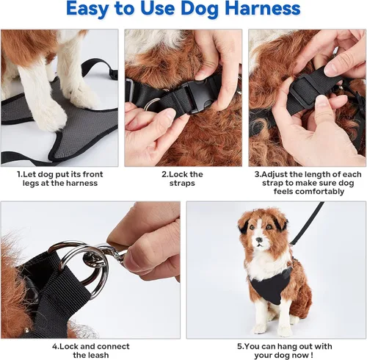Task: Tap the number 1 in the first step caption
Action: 18,174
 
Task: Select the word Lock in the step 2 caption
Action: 178,174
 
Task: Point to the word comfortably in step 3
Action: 309,191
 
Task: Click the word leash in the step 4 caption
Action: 98,355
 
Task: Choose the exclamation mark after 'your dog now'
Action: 311,355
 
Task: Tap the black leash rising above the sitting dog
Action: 308,223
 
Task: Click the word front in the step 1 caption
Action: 92,174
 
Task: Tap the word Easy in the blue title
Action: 87,10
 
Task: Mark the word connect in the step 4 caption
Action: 113,347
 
